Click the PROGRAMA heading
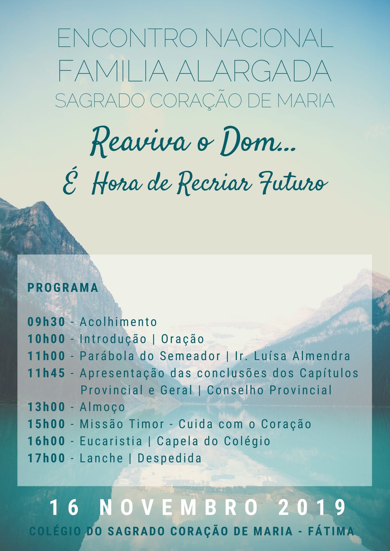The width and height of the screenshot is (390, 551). [63, 287]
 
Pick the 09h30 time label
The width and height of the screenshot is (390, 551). [46, 322]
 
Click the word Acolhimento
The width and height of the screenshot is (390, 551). [118, 322]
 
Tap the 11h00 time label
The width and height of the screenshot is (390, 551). [46, 356]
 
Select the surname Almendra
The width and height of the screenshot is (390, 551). [321, 356]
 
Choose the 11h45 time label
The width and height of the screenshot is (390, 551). [46, 373]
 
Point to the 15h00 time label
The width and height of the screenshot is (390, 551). [46, 424]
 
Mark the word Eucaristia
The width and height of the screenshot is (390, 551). [111, 441]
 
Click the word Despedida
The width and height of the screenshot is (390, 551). [170, 458]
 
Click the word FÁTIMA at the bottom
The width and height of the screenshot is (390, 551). [331, 531]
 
